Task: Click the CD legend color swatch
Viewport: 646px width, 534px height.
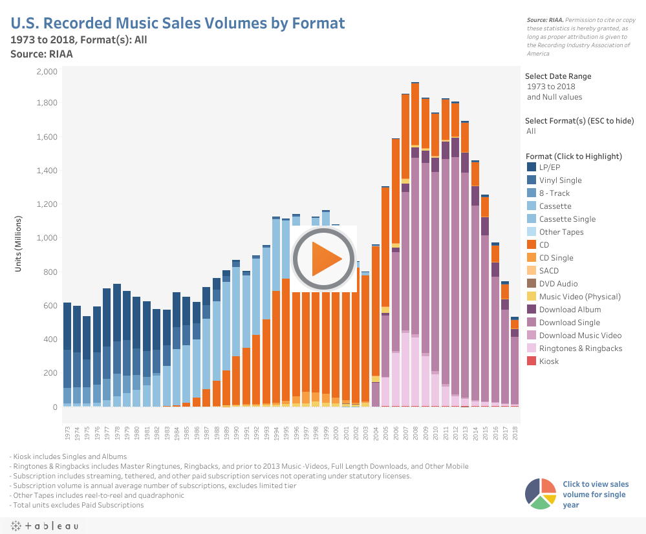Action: [532, 245]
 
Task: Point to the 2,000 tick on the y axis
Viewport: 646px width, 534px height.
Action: [47, 71]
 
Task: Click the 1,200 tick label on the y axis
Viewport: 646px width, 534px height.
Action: [47, 204]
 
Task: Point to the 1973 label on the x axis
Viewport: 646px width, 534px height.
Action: [67, 432]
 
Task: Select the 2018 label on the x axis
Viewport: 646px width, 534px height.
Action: [515, 432]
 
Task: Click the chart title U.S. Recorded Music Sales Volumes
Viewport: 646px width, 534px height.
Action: [178, 23]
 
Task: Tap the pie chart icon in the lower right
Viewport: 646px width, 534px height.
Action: [541, 494]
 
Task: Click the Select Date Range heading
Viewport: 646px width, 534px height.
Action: [558, 76]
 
